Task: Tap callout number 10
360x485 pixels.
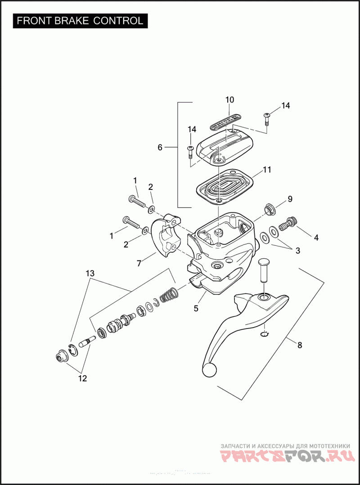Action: pos(229,99)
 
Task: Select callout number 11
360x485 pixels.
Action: pos(267,170)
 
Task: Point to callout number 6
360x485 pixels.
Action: pos(160,147)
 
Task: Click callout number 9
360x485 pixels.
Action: pos(290,199)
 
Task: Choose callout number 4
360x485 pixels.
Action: pos(316,238)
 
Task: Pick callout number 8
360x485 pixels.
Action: pos(300,345)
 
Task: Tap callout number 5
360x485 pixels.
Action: pos(196,308)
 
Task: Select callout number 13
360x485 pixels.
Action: pos(90,273)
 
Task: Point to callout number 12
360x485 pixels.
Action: pos(82,378)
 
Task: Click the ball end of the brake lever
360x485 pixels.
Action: pos(209,370)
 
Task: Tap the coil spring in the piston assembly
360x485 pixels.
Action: pos(169,296)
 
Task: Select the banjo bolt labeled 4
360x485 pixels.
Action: pos(286,223)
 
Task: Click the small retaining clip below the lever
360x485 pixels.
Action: pos(265,333)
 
